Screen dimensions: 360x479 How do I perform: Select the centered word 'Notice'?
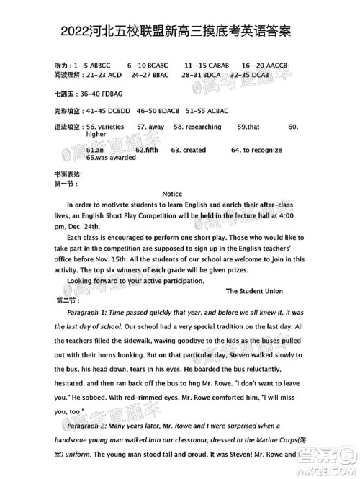click(172, 194)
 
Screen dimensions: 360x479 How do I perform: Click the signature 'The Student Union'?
click(254, 291)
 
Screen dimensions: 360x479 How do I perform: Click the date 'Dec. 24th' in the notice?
click(86, 225)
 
